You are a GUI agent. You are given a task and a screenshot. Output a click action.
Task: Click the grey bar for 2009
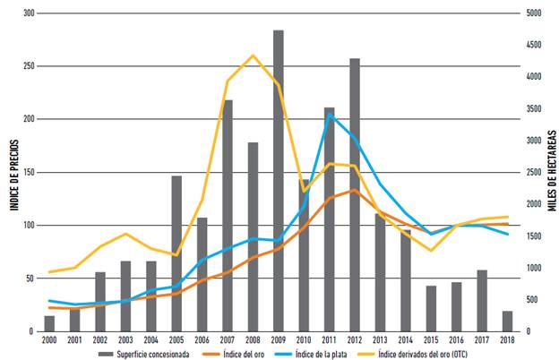click(279, 179)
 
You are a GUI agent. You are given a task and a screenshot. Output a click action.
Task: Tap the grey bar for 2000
click(49, 323)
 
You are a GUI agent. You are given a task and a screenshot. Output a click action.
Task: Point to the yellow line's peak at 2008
click(254, 56)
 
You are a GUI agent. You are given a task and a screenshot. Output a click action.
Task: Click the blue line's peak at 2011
click(330, 114)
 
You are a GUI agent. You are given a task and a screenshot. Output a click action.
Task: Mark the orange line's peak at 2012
click(355, 190)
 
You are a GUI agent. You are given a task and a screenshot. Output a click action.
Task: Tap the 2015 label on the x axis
click(431, 340)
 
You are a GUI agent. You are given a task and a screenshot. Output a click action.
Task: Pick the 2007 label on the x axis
click(228, 340)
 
